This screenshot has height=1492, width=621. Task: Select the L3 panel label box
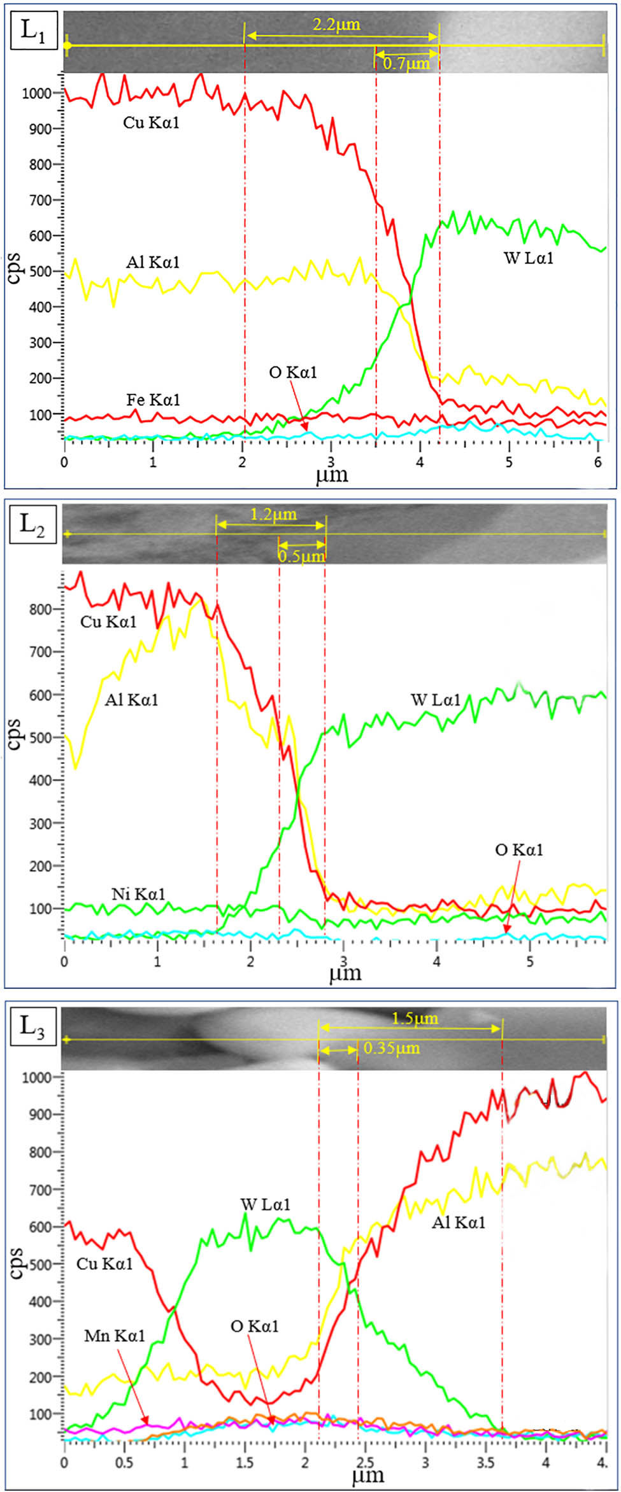(32, 1025)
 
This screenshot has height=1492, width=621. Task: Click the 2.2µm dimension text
(336, 25)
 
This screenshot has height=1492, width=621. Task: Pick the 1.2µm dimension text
(273, 514)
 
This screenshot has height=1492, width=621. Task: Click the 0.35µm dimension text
(391, 1048)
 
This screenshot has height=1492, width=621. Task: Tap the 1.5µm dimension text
(415, 1018)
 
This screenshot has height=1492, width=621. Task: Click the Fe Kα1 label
(153, 400)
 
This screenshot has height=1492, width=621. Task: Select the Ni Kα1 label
(138, 894)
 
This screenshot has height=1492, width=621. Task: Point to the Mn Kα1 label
(115, 1335)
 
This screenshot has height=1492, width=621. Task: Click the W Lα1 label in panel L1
(529, 258)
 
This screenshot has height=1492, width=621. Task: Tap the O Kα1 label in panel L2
(519, 850)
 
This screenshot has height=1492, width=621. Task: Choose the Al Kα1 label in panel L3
(459, 1222)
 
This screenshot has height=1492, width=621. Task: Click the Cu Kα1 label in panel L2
(108, 622)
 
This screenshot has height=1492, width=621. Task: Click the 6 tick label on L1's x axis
(597, 463)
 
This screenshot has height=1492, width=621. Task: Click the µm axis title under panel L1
(332, 475)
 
